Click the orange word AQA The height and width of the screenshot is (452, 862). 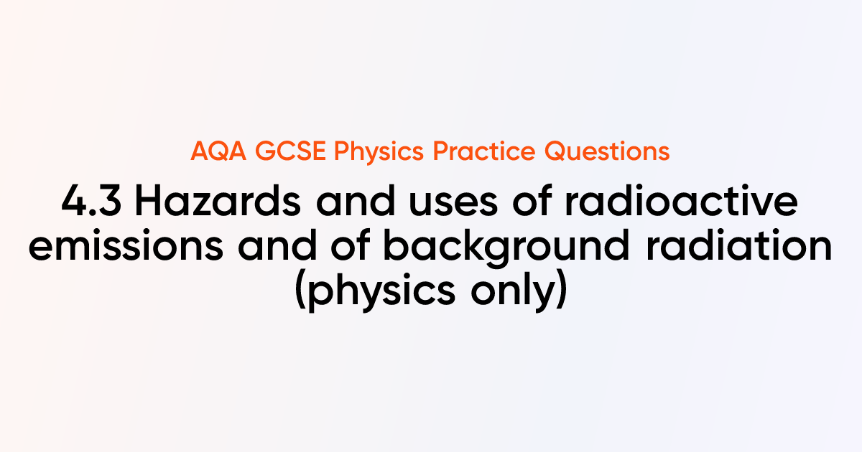click(218, 151)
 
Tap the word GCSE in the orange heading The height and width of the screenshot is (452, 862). click(290, 151)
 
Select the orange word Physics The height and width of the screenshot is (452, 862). click(379, 152)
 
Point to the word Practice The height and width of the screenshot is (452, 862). click(483, 151)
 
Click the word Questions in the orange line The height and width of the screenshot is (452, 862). click(607, 151)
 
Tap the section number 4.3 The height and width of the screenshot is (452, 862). click(91, 201)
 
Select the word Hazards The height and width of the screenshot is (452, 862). click(218, 201)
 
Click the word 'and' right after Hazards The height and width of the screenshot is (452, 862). click(356, 200)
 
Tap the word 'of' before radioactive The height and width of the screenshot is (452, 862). click(532, 200)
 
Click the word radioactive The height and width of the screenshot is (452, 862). click(681, 200)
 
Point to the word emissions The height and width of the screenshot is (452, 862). click(126, 245)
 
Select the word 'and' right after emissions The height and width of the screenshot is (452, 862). click(277, 245)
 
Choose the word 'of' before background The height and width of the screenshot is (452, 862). click(351, 245)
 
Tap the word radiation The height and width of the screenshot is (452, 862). click(739, 245)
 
